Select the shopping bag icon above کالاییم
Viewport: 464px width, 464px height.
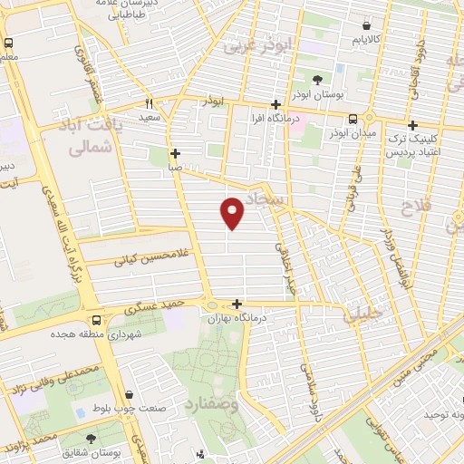coord(366,26)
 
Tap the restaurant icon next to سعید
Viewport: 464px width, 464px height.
coord(150,103)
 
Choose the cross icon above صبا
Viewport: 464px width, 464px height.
coord(175,154)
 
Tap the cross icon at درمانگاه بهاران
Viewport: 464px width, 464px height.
coord(237,305)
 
